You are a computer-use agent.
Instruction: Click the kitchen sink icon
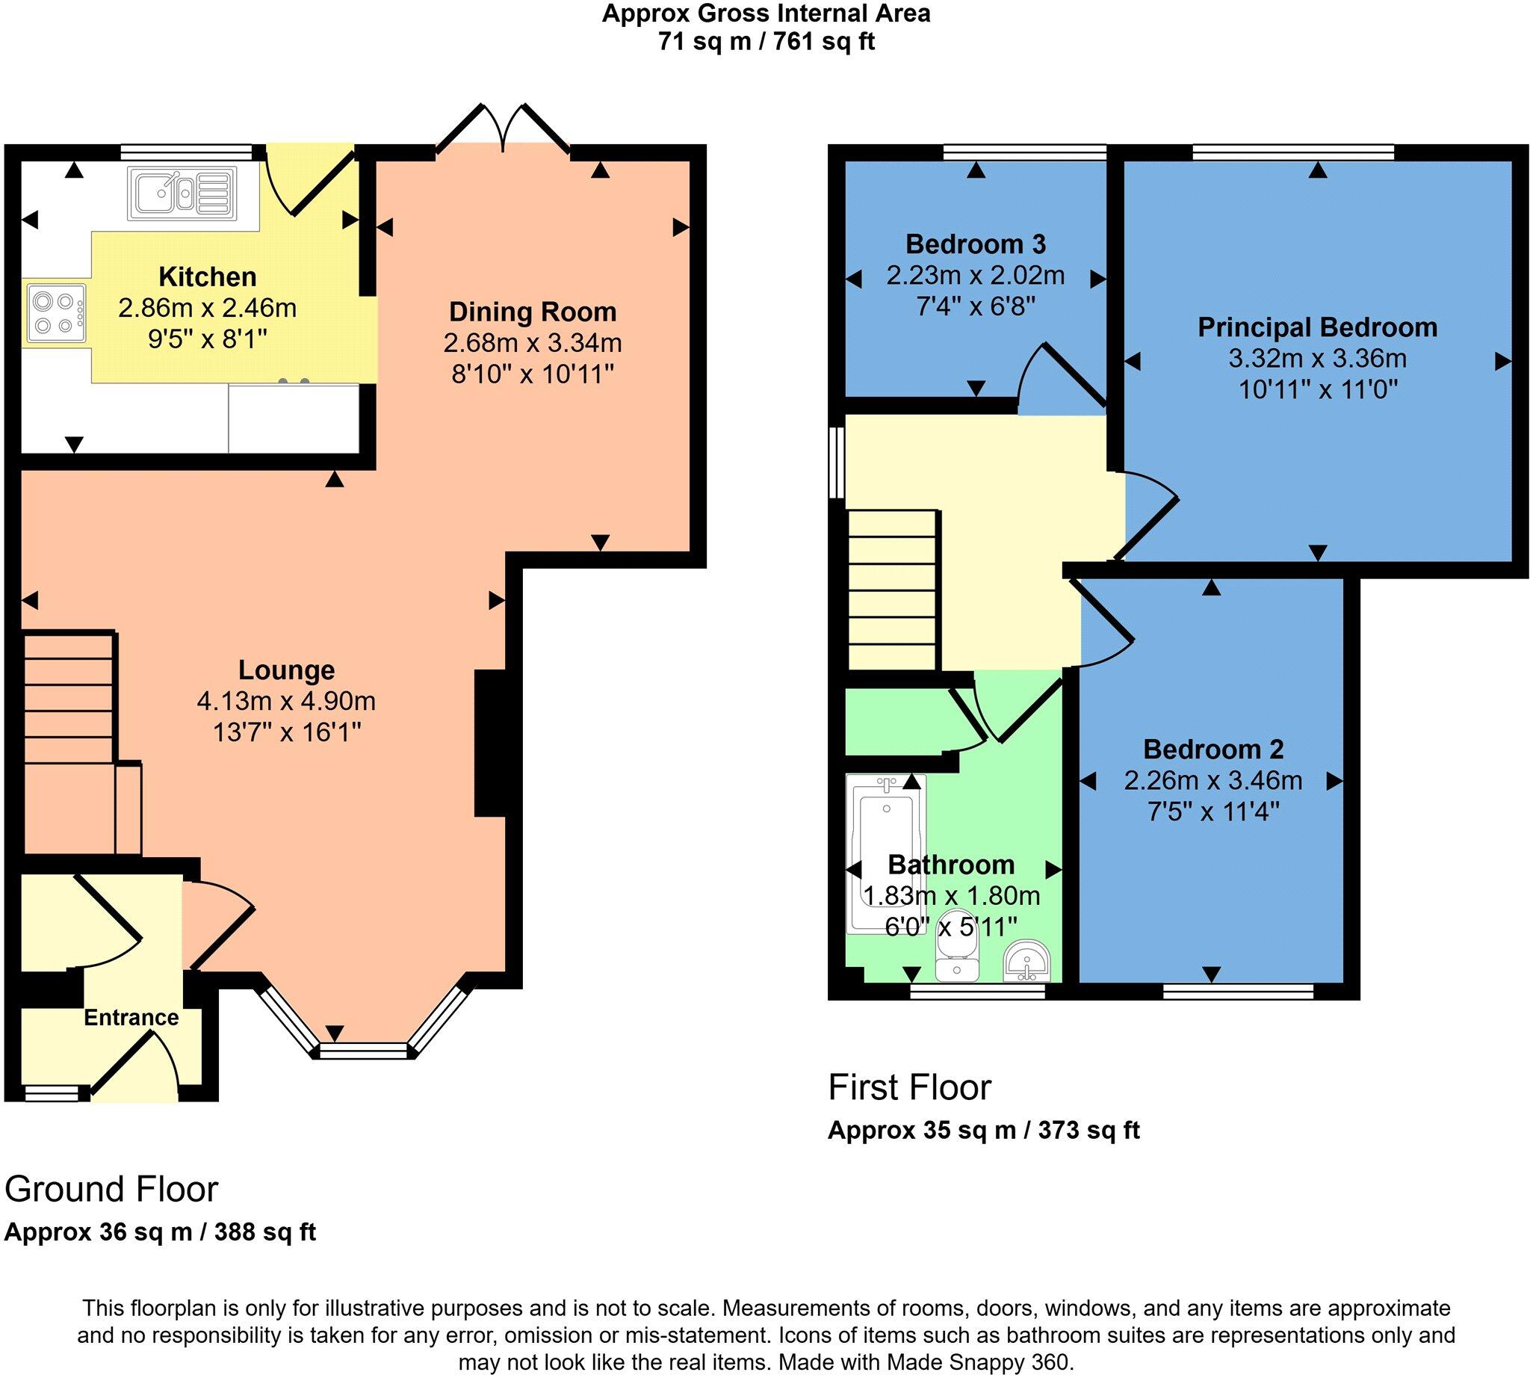pos(182,194)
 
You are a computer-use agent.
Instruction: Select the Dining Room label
pos(533,312)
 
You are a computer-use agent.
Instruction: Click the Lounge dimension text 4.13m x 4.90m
pos(286,701)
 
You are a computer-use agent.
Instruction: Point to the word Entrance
pos(131,1018)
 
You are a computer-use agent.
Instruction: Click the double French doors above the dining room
pos(503,129)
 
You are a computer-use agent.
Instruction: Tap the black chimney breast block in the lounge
pos(489,744)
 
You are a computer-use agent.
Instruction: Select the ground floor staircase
pos(69,726)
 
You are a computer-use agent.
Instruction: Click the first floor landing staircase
pos(893,590)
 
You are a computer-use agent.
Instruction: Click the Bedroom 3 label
pos(975,244)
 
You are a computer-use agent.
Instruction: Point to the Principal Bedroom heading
pos(1317,327)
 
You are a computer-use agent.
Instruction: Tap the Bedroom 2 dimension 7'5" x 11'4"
pos(1212,812)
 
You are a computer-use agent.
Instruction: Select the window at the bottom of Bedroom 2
pos(1238,990)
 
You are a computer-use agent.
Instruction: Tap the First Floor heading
pos(909,1088)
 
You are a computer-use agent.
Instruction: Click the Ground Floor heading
pos(111,1189)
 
